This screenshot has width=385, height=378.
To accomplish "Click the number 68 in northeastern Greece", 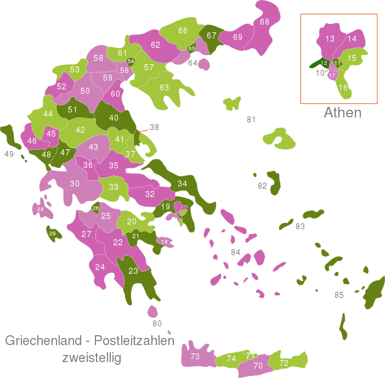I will click(264, 22).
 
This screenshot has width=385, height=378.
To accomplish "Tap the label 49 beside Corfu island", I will click(9, 154).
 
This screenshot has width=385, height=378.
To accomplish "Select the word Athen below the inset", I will click(342, 113).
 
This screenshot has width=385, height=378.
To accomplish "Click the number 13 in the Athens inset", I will click(330, 39).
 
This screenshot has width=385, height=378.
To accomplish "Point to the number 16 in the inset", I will click(343, 88).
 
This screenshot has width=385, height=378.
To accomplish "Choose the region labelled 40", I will click(114, 118).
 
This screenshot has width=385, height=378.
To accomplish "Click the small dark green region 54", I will click(131, 61).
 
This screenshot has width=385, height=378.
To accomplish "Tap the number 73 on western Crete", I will click(195, 357).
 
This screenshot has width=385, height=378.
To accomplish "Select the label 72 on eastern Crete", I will click(284, 363).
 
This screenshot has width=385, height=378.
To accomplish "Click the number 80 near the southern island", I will click(157, 323).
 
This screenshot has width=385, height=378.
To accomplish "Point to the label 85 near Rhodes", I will click(339, 295).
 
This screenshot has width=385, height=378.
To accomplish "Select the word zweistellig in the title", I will click(91, 358).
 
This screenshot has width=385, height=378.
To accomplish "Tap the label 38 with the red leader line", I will click(154, 127).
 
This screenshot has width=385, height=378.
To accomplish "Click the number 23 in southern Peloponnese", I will click(133, 270).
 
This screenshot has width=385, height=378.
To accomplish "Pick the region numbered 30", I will click(75, 184).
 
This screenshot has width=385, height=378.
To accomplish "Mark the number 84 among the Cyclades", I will click(235, 252).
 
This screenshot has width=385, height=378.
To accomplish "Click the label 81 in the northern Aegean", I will click(251, 120).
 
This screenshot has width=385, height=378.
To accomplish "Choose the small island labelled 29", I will click(53, 234).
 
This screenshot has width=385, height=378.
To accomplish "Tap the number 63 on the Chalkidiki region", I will click(164, 88).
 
